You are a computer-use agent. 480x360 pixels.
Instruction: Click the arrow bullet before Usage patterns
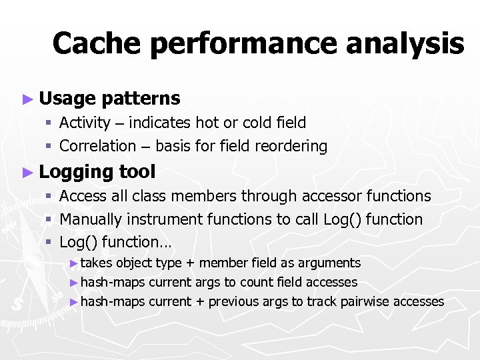tap(27, 99)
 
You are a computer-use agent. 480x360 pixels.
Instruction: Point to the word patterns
tap(141, 99)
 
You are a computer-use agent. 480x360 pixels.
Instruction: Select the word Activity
tap(85, 123)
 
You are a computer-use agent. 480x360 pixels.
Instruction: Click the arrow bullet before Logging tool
tap(27, 173)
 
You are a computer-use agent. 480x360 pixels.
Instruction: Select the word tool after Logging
tap(137, 172)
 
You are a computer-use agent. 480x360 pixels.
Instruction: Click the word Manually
tap(89, 219)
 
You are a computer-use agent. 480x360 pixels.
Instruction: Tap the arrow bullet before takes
tap(73, 263)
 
